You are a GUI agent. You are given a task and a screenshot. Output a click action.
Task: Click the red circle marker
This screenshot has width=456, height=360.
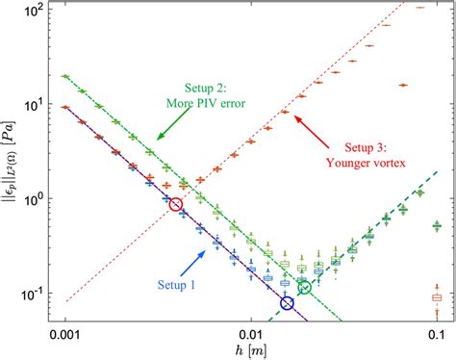coord(175,204)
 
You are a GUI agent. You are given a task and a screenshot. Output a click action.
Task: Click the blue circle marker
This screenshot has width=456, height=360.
coord(287,303)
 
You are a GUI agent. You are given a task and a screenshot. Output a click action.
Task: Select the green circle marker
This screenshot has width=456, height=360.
coord(305,287)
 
